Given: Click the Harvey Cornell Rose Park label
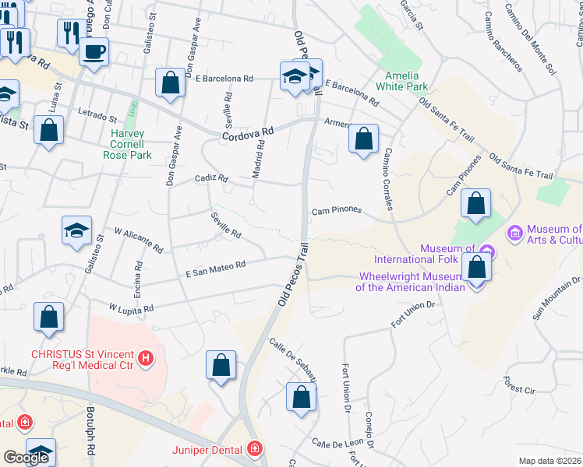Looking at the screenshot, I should click(127, 144).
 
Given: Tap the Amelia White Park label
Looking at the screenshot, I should click(401, 81).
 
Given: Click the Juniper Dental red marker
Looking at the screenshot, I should click(254, 448).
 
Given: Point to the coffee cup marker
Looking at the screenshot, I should click(94, 52).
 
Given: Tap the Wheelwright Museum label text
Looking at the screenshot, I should click(411, 281).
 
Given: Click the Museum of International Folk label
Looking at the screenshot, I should click(424, 254).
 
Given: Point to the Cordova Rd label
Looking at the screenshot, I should click(249, 135).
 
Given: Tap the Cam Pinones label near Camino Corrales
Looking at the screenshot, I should click(337, 210).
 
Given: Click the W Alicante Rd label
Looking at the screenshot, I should click(139, 241).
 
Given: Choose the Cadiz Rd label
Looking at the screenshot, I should click(211, 178).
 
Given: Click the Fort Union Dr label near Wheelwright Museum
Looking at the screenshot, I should click(413, 314).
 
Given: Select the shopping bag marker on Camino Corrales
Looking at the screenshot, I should click(363, 140).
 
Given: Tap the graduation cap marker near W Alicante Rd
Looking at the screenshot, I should click(77, 230).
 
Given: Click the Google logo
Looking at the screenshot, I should click(26, 458).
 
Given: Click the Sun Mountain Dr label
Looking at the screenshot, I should click(557, 298).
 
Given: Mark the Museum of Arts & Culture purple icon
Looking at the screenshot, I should click(514, 233).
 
